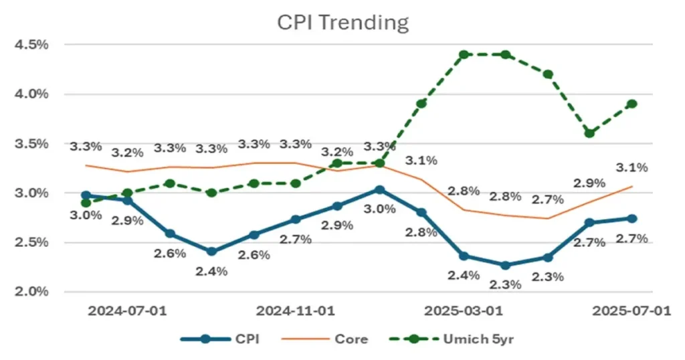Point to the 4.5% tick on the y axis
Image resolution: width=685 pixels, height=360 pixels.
[x=32, y=45]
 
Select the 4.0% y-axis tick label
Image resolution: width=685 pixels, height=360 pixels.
[x=32, y=94]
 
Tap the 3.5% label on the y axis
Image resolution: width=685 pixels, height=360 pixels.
[x=32, y=144]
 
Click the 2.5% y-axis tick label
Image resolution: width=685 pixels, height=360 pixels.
[x=32, y=242]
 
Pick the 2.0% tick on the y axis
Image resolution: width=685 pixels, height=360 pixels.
[x=32, y=292]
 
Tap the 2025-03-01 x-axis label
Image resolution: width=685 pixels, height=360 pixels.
[x=465, y=311]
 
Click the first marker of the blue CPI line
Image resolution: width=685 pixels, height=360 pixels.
[x=86, y=195]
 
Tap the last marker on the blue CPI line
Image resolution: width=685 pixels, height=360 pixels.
[x=631, y=218]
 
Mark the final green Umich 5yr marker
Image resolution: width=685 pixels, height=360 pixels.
[x=631, y=104]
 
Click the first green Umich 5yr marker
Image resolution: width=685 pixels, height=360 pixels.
[x=86, y=203]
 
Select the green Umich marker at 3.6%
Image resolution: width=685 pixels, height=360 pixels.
[x=589, y=133]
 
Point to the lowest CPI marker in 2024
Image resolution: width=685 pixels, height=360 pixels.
[x=211, y=252]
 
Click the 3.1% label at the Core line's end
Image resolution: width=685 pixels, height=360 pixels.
[x=631, y=167]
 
